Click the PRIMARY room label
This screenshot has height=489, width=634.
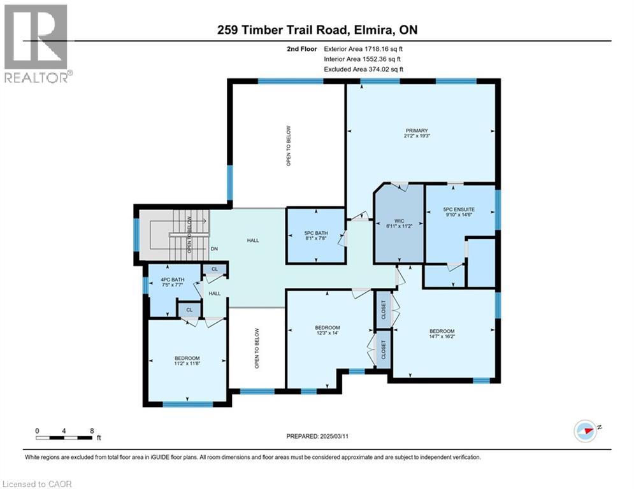[x=417, y=131]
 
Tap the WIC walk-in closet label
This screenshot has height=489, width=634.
[x=399, y=221]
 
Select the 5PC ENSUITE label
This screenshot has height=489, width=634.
[x=459, y=209]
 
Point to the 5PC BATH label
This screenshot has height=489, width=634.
[x=316, y=233]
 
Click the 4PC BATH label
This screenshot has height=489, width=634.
[x=173, y=280]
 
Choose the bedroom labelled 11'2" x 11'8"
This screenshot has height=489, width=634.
[x=187, y=361]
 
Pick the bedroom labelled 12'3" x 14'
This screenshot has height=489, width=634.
[x=328, y=330]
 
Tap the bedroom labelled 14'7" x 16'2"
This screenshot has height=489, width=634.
[x=442, y=334]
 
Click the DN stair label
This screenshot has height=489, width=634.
[x=214, y=249]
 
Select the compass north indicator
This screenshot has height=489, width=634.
[x=586, y=430]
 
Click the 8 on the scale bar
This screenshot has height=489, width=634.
[x=92, y=431]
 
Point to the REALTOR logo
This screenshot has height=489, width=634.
[x=38, y=44]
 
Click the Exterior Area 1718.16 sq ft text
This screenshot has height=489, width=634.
[x=363, y=49]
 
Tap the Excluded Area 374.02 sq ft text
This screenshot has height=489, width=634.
[x=363, y=69]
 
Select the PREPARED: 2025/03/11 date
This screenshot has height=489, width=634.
[x=317, y=436]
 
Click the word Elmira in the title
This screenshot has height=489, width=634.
[x=372, y=30]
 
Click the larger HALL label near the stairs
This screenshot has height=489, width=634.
[x=253, y=241]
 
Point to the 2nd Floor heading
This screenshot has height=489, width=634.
[x=302, y=49]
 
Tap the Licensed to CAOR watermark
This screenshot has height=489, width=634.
[x=37, y=484]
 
